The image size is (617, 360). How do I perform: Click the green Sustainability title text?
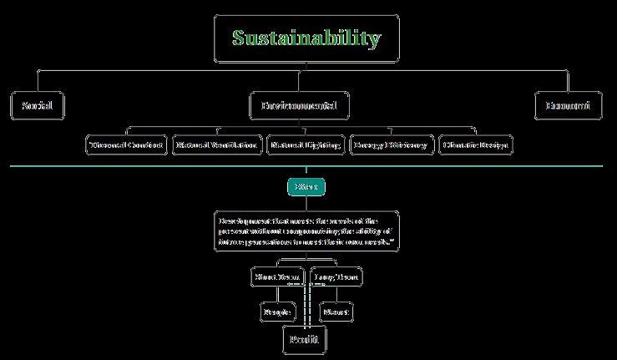click(x=306, y=38)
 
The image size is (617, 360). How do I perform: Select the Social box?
click(x=38, y=106)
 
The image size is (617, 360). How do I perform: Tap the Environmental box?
click(x=300, y=106)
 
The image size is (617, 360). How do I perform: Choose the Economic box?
click(x=568, y=106)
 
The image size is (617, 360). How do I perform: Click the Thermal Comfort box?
click(x=126, y=145)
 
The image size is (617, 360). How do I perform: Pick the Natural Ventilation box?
click(x=215, y=145)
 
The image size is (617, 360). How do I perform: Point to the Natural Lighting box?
click(x=305, y=145)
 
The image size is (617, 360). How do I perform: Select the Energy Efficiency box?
click(x=390, y=145)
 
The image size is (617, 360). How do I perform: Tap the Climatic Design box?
click(x=475, y=145)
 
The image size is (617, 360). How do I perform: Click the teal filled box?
click(x=306, y=187)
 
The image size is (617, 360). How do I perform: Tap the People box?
click(x=278, y=312)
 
